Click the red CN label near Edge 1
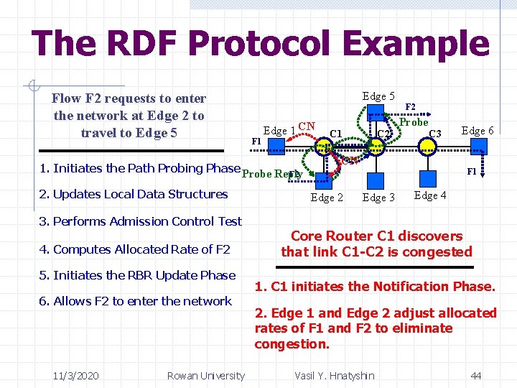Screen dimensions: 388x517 307,127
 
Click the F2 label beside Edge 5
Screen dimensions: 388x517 410,106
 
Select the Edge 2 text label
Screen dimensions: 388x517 327,198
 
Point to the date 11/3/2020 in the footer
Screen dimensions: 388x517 76,375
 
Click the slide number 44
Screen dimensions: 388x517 475,375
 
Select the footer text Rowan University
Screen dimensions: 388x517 205,375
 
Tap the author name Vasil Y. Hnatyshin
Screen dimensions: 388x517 335,375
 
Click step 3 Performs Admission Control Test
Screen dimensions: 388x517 141,221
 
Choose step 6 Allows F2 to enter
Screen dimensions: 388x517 136,301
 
